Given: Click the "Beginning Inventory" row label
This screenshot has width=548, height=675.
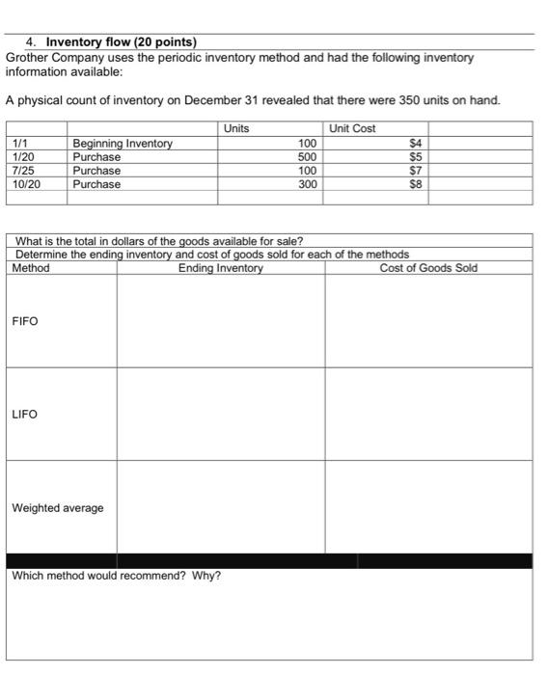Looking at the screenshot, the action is pos(123,144).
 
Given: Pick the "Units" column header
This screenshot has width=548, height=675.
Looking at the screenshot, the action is pos(236,129).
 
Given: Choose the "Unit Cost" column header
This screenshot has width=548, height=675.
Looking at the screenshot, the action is pos(352,129).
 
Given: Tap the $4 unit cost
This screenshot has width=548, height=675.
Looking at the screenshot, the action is pos(417,144).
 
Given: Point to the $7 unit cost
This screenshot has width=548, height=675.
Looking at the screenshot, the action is pos(417,171).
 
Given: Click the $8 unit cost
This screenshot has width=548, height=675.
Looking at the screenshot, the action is pos(417,184).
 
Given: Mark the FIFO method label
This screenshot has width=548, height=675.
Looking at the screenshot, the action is pos(25,321).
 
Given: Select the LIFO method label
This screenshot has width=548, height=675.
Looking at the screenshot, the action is pos(25,415).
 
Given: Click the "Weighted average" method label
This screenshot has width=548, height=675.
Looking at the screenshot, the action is pos(57,508).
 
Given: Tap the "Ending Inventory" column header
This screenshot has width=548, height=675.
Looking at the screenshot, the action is pos(220,268).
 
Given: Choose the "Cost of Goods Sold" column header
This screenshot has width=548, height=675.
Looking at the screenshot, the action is pos(428,268).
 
